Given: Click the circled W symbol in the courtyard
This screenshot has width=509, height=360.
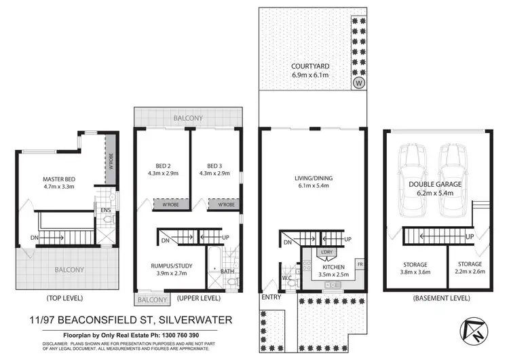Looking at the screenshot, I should click(358, 83).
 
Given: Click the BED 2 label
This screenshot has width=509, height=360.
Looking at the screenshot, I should click(162, 165).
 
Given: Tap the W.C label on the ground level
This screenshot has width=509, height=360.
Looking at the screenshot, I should click(287, 276).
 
